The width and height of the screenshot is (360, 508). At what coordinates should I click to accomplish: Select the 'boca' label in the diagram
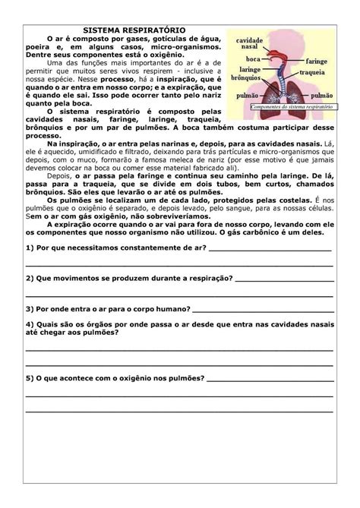coord(254,58)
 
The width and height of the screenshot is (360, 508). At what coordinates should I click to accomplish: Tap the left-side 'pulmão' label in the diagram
coord(249,98)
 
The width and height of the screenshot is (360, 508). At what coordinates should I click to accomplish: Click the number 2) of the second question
coord(30,279)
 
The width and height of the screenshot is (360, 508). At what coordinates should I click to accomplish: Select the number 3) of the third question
coord(30,309)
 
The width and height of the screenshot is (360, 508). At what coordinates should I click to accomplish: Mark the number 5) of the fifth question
coord(30,377)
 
